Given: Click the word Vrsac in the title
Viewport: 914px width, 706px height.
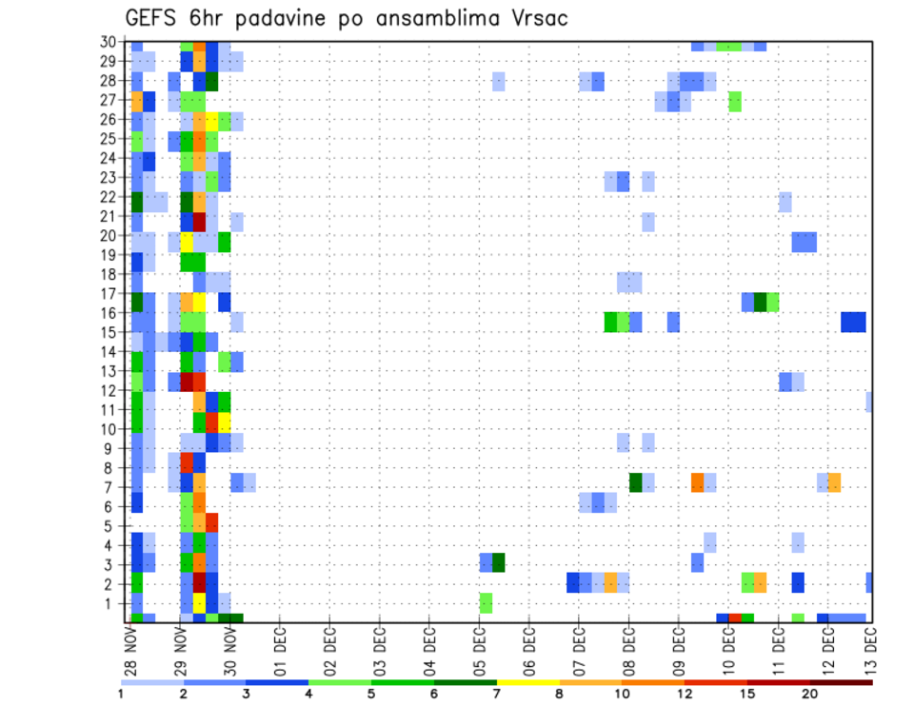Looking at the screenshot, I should [533, 18].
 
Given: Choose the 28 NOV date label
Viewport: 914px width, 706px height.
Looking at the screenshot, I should [131, 651].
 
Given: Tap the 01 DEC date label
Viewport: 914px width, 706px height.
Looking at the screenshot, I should [281, 651].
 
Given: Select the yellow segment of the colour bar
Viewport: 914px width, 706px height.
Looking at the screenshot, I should [528, 681].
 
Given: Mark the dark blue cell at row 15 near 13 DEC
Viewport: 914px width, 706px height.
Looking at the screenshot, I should [853, 322].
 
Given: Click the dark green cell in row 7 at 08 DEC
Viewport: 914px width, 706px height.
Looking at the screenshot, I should [635, 482].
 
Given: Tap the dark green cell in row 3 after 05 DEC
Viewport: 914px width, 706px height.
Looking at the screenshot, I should [498, 562].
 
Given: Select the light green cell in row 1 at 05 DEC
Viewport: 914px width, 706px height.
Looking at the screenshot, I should [486, 602].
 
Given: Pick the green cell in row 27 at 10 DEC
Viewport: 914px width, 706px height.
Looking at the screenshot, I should [735, 101].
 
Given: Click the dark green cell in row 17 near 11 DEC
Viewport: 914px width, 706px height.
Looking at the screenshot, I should [760, 302].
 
